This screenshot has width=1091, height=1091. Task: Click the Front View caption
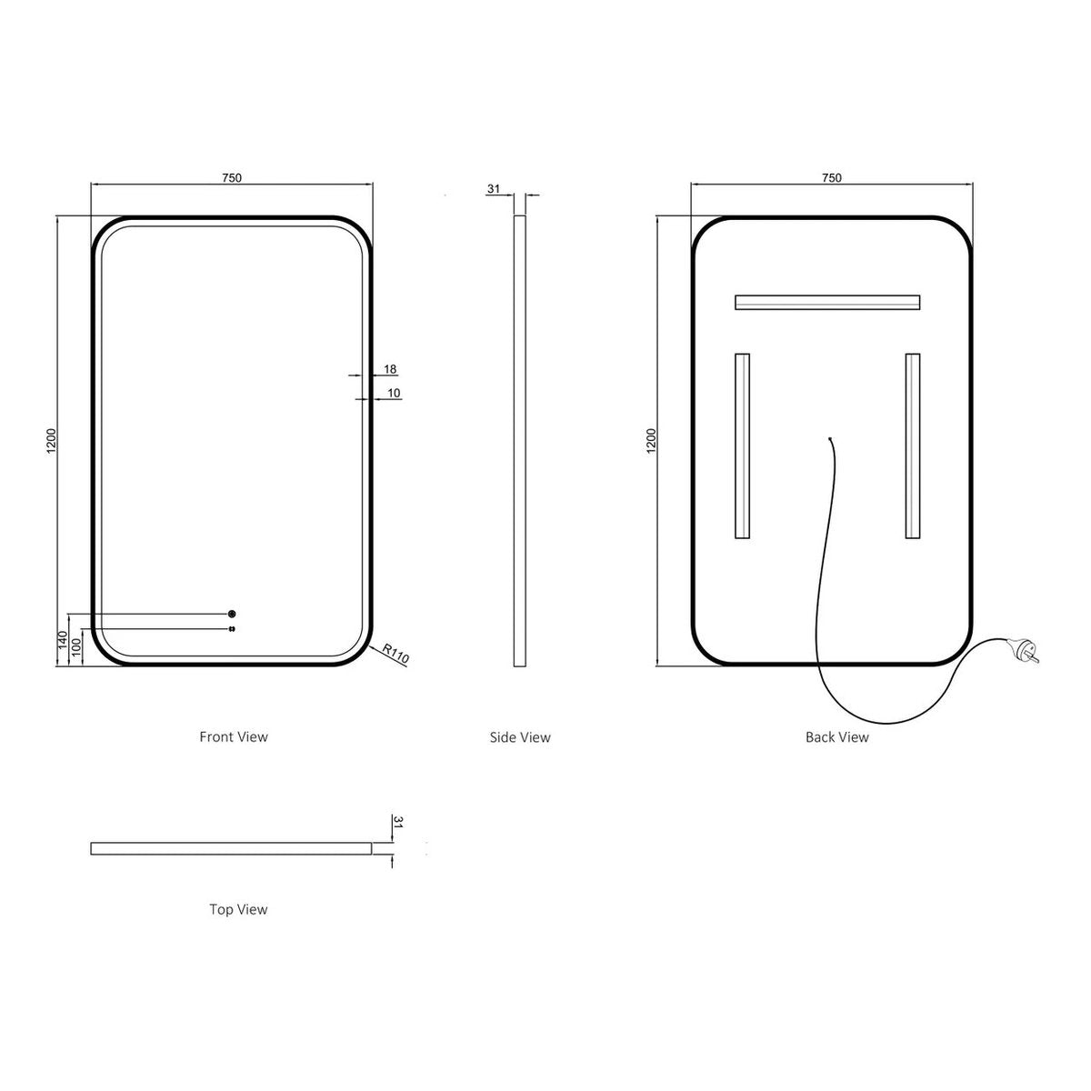click(234, 736)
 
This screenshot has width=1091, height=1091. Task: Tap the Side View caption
click(520, 737)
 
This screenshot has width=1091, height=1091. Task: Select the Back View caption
click(836, 737)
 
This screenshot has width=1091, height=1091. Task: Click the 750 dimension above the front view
click(232, 178)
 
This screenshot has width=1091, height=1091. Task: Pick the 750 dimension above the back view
click(831, 178)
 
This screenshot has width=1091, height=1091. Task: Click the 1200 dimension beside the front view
click(52, 440)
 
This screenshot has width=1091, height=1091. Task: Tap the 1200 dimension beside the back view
click(651, 440)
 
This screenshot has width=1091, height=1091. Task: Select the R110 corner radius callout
click(395, 653)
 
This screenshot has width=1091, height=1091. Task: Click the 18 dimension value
click(390, 369)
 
